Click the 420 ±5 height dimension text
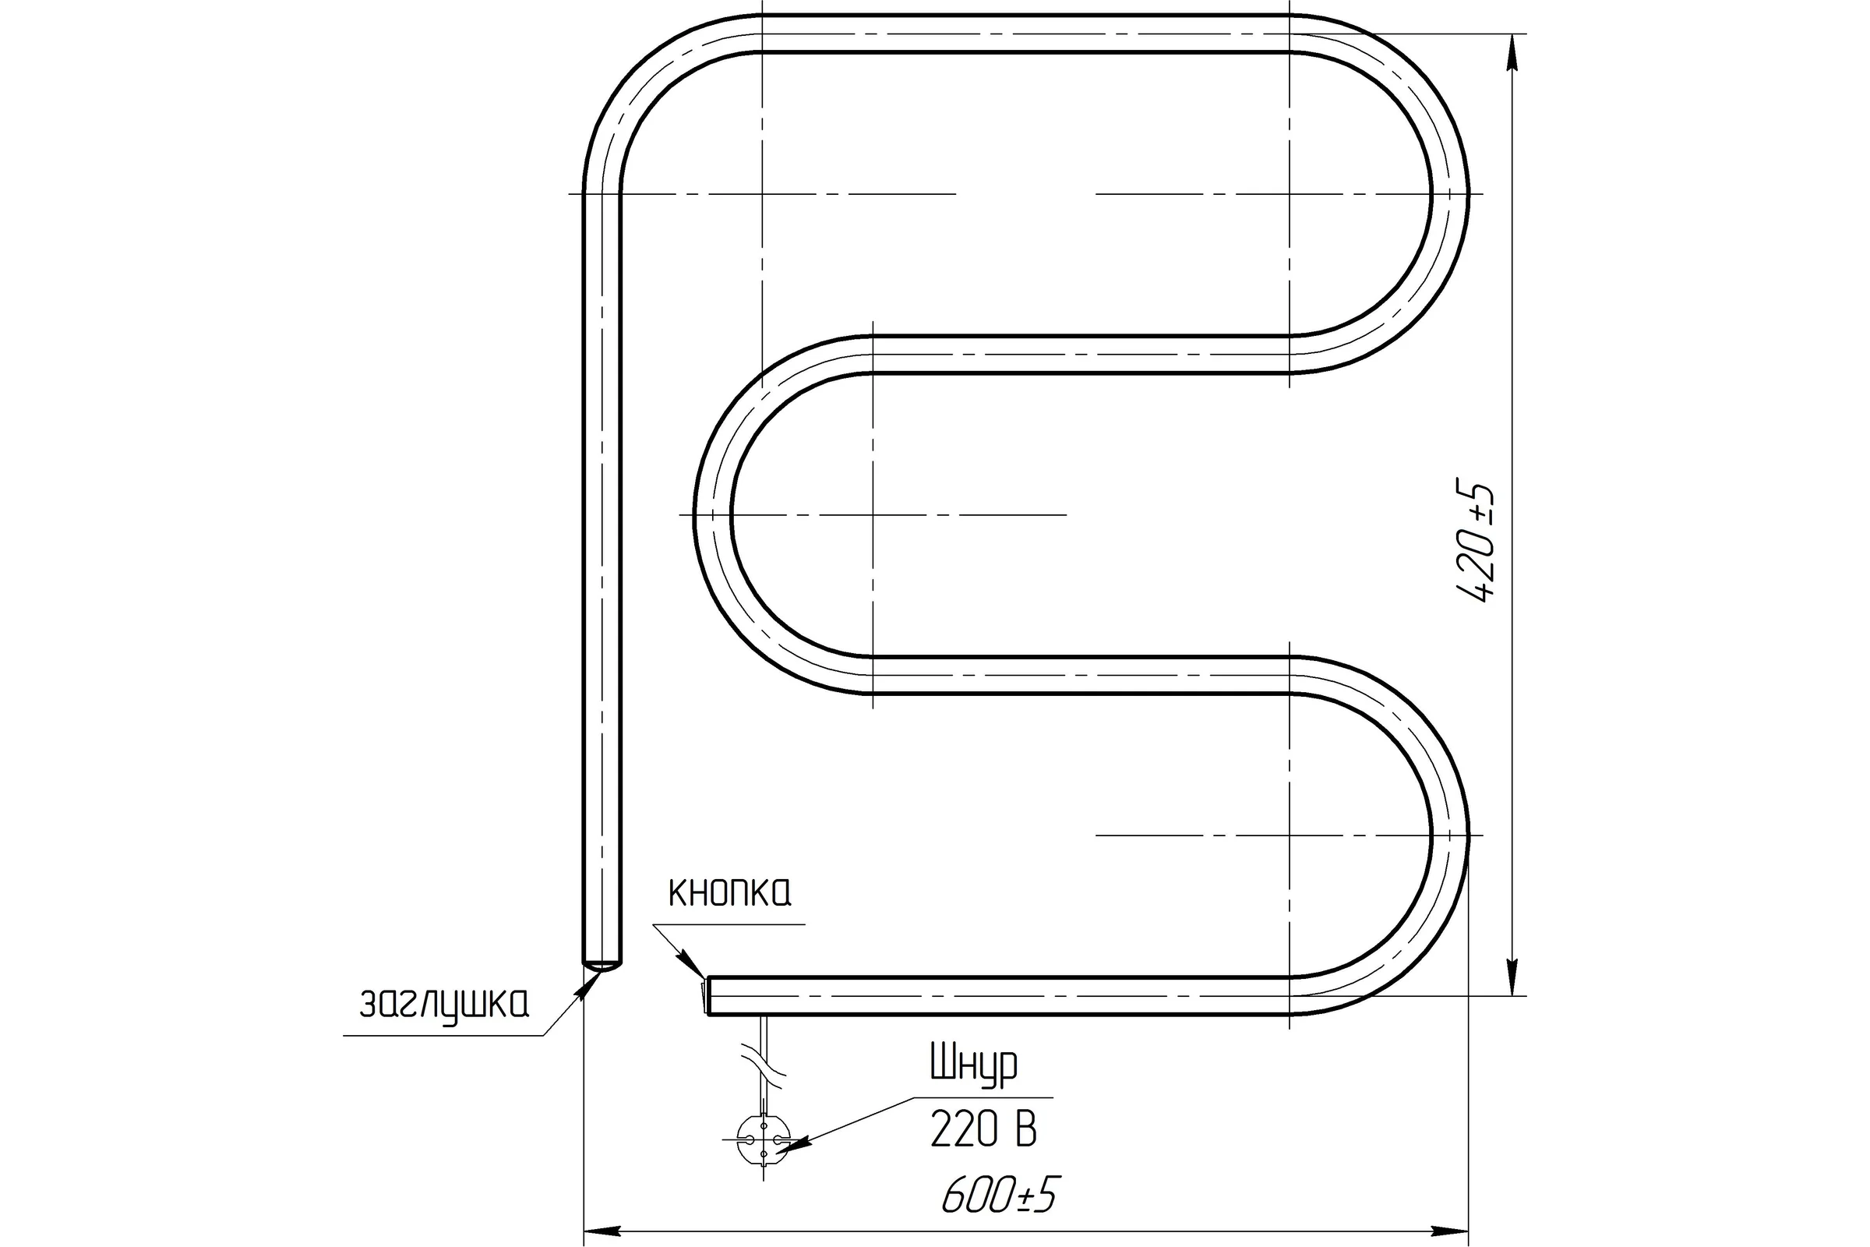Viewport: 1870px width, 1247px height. coord(1475,542)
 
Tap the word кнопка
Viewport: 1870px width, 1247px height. coord(730,893)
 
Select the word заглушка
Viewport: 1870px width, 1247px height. coord(443,1005)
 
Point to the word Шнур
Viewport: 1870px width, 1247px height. coord(973,1065)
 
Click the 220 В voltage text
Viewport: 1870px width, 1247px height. coord(984,1129)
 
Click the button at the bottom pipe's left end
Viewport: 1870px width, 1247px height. coord(704,995)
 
